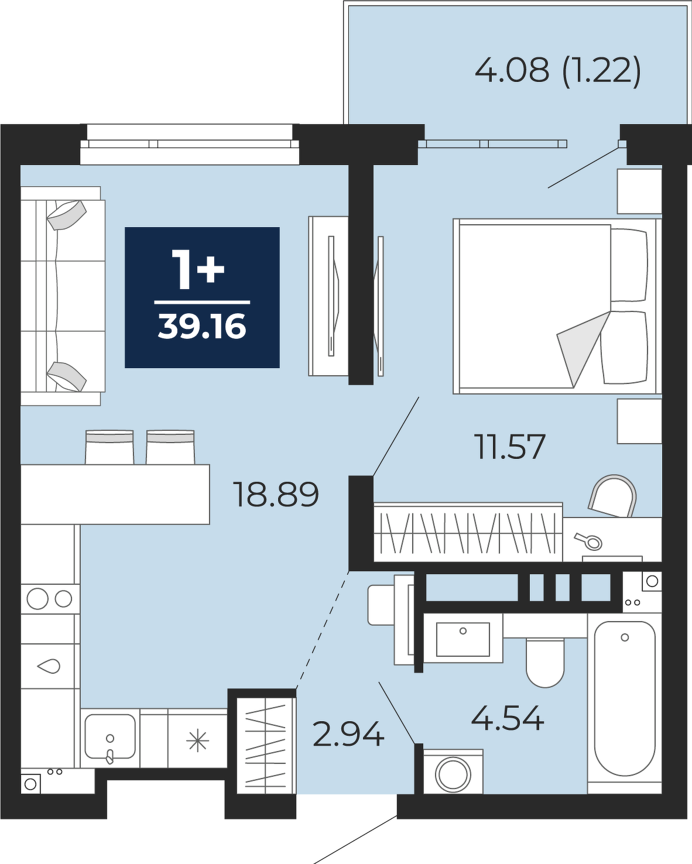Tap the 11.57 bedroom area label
pos(510,447)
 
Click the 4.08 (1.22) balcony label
pos(557,71)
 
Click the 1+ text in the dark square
pos(198,269)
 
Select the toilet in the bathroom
pos(545,663)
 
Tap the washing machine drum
pos(453,774)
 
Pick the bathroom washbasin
pos(463,639)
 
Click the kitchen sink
pos(109,738)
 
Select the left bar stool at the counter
pos(109,447)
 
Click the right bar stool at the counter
pos(170,447)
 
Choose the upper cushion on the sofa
pos(67,215)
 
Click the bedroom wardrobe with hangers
pos(468,532)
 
